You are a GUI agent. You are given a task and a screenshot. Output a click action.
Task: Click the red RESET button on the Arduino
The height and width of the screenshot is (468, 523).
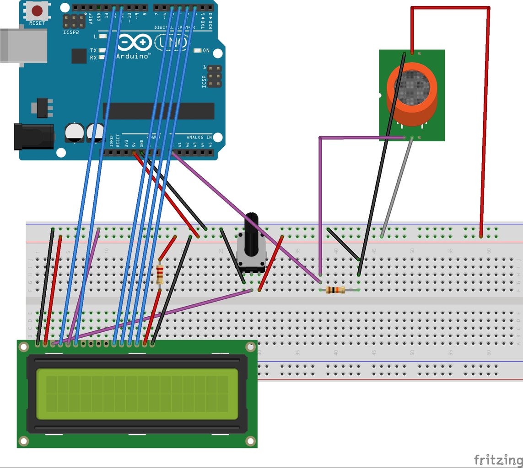tap(37, 11)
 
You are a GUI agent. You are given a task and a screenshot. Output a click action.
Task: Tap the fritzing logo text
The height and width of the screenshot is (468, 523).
tap(498, 459)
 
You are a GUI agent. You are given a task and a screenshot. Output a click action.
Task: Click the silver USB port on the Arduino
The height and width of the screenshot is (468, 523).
tap(23, 46)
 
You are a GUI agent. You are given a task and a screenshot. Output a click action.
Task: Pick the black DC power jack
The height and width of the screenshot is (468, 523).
tap(32, 136)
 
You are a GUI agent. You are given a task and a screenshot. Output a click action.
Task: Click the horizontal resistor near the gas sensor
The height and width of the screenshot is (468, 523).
tap(336, 290)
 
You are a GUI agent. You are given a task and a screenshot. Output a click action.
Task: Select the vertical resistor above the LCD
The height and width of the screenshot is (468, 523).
tap(160, 274)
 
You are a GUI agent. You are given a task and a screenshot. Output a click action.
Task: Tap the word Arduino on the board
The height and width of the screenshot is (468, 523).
tap(132, 56)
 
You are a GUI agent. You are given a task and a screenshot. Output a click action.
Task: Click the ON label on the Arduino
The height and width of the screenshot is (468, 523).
tap(206, 51)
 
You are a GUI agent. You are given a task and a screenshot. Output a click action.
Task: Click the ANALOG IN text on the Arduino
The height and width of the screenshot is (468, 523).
tap(199, 137)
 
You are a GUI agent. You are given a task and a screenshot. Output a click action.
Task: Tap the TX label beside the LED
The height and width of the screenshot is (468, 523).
tap(93, 50)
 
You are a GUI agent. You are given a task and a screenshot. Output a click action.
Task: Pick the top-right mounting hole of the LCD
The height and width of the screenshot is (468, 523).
tap(250, 347)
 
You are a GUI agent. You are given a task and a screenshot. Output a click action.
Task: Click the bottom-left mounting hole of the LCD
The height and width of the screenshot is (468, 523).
tap(23, 441)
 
